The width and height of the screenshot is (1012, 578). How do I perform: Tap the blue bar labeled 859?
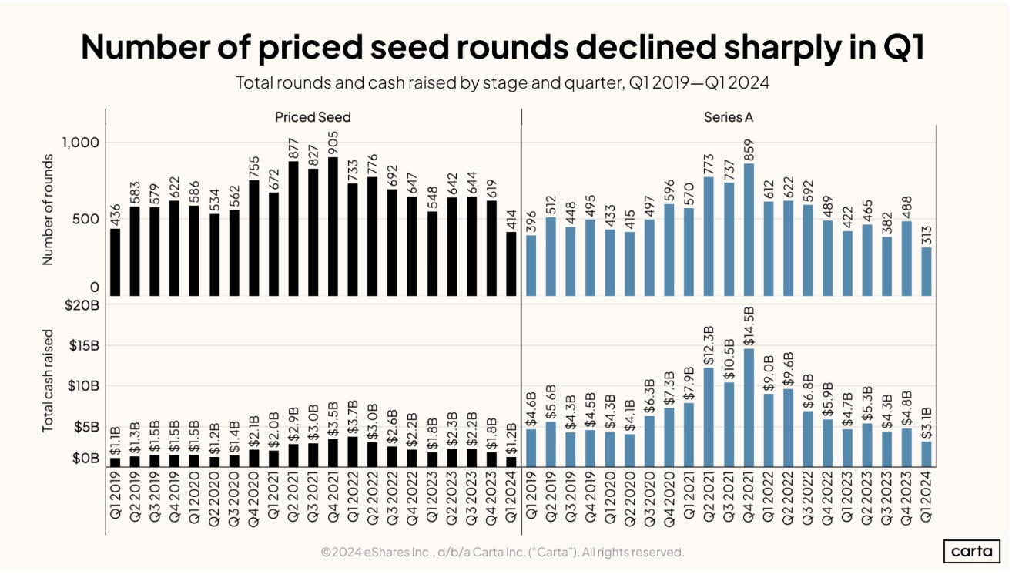749,230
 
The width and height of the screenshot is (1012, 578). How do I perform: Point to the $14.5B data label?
748,326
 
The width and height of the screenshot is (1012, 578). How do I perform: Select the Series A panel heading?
728,117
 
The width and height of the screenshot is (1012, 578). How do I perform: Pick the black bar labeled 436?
116,262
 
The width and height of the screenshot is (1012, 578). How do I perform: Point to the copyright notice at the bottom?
502,552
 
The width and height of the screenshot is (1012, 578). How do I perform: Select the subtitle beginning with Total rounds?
504,83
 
